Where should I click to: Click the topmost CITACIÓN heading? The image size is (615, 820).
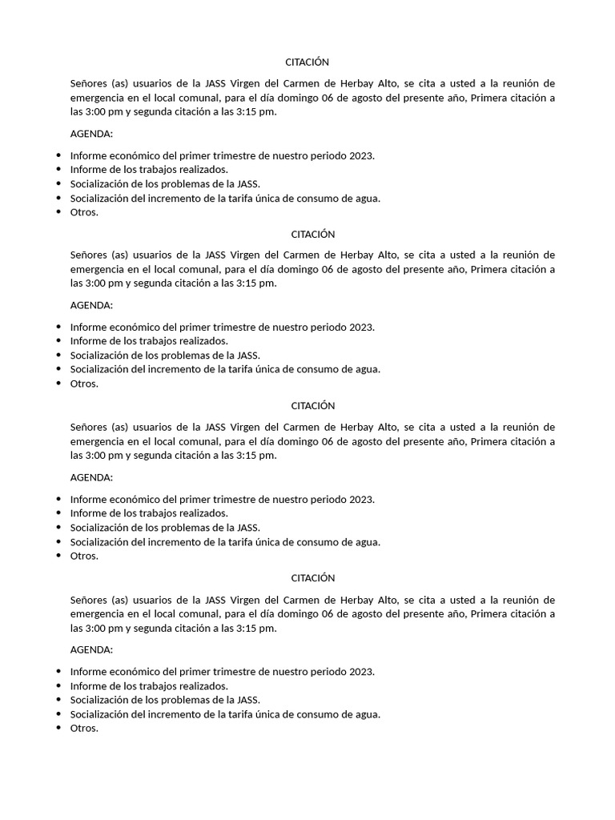tap(307, 62)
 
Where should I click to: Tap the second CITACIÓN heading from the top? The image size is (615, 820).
tap(307, 234)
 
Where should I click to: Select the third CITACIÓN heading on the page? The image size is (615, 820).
tap(307, 406)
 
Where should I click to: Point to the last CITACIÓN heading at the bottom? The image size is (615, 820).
tap(307, 578)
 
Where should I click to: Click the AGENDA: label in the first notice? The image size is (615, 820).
tap(91, 133)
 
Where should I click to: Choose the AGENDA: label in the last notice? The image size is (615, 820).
tap(91, 649)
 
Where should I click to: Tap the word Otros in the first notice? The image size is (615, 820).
tap(82, 212)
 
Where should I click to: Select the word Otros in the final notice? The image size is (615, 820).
tap(82, 728)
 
